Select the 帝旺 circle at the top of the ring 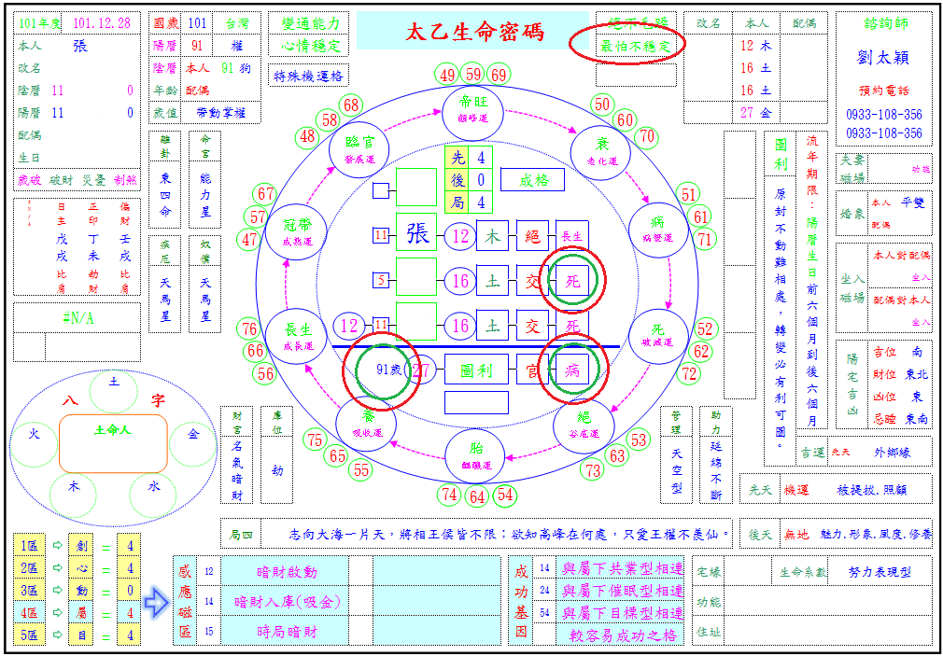474,109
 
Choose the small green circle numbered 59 473,75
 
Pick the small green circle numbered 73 593,471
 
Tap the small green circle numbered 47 249,240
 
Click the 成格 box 532,179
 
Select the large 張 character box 416,235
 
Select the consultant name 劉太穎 883,57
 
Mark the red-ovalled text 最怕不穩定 637,45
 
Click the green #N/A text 77,318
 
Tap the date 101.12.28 101,21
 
